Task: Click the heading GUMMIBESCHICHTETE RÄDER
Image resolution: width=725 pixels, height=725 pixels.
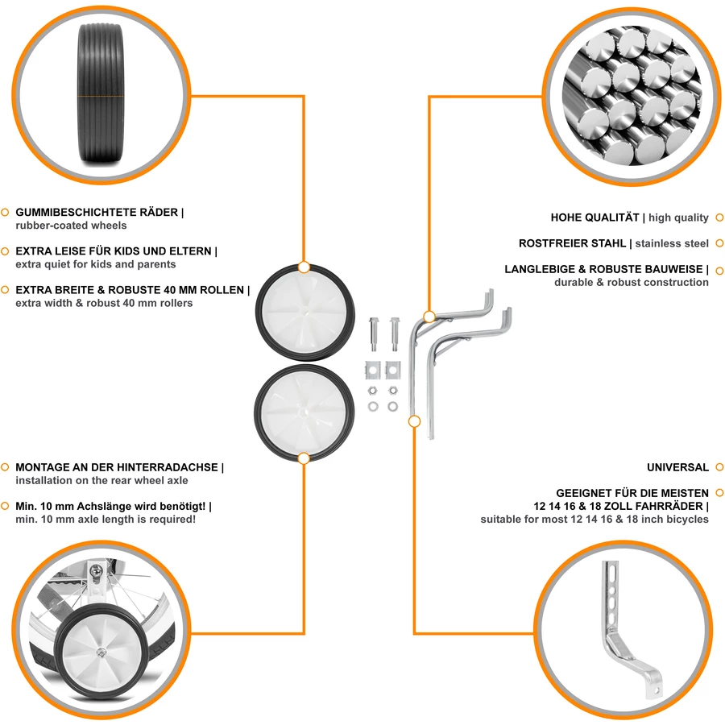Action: click(97, 212)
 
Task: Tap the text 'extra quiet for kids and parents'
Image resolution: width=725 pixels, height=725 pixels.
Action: click(96, 264)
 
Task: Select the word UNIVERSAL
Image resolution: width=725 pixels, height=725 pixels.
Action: click(677, 467)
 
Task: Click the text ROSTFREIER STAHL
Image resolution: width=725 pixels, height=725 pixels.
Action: click(572, 243)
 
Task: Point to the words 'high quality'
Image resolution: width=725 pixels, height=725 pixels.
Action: click(678, 217)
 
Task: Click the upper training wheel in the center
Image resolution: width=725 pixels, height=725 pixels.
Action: click(305, 312)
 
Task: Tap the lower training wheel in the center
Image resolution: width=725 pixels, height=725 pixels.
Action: click(304, 412)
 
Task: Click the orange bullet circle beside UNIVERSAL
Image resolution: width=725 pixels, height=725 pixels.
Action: click(719, 467)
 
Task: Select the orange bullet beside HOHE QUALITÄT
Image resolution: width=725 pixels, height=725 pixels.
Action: click(719, 217)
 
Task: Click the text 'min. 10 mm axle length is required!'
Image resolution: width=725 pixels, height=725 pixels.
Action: click(106, 520)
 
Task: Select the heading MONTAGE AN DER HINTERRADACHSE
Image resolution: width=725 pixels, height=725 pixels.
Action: click(117, 467)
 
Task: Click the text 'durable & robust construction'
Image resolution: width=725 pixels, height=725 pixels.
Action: click(631, 282)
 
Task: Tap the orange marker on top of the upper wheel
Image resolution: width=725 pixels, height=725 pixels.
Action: click(304, 267)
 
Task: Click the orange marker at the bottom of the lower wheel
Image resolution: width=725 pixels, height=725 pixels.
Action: click(304, 458)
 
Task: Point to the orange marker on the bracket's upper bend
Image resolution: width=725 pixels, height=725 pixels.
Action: click(429, 317)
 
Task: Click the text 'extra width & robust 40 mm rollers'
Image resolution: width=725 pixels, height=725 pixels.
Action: click(104, 303)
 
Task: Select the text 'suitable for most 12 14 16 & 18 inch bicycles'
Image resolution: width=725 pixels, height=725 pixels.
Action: click(594, 520)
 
